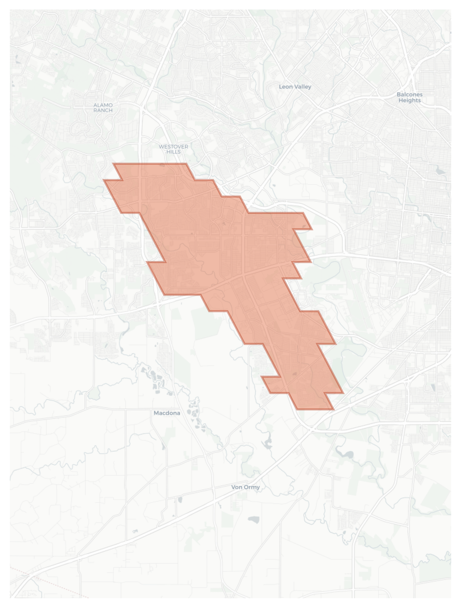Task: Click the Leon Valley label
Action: tap(295, 87)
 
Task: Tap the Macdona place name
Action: tap(167, 413)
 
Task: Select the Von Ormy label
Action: tap(246, 487)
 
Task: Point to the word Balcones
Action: tap(410, 95)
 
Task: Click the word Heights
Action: tap(410, 100)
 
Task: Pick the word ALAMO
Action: tap(103, 105)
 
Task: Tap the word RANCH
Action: tap(103, 110)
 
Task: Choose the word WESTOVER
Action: tap(173, 147)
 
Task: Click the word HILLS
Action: tap(173, 152)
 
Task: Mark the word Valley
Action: tap(302, 87)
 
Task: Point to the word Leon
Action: tap(285, 87)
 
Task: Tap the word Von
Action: tap(237, 487)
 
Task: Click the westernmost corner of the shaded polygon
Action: tap(104, 180)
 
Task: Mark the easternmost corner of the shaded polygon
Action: tap(344, 393)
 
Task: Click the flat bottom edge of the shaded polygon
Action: tap(316, 409)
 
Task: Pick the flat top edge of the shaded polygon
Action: tap(150, 163)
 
